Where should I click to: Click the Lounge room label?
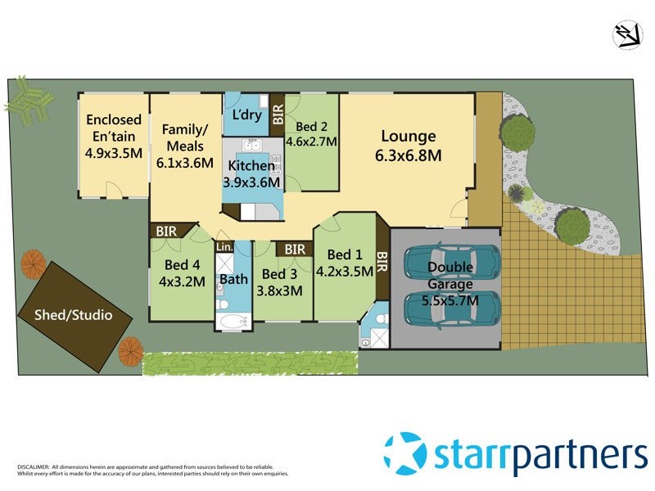click(408, 137)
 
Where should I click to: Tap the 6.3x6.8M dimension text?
click(408, 155)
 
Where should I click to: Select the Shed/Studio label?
click(72, 314)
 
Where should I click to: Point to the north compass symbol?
click(628, 34)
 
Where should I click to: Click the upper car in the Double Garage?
click(451, 262)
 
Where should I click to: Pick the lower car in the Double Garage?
click(451, 309)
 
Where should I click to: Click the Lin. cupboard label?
click(224, 246)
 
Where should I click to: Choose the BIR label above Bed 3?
click(295, 249)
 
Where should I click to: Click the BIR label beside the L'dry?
click(277, 113)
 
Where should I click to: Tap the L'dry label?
click(246, 115)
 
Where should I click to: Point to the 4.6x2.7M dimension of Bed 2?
click(310, 142)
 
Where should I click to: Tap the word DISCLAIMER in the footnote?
click(34, 466)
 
